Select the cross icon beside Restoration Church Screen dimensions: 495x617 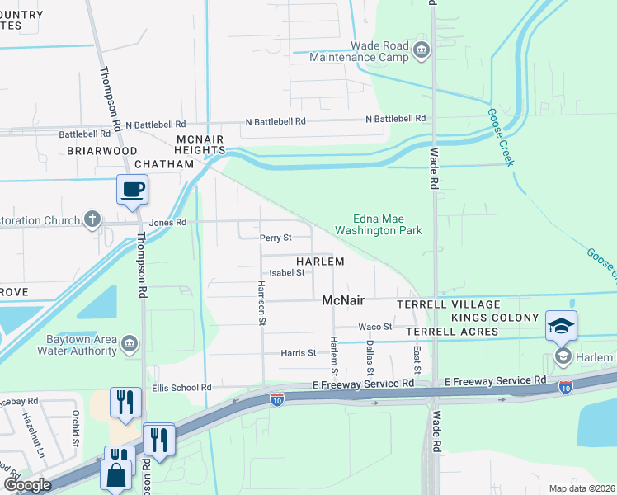92,220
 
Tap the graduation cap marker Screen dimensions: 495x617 561,326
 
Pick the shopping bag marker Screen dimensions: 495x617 116,474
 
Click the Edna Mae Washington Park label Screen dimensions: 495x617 381,225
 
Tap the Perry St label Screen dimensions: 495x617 276,238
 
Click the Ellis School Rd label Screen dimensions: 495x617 181,387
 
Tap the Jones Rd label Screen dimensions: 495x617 168,223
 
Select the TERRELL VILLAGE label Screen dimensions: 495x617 438,304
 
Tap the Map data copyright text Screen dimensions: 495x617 581,488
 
